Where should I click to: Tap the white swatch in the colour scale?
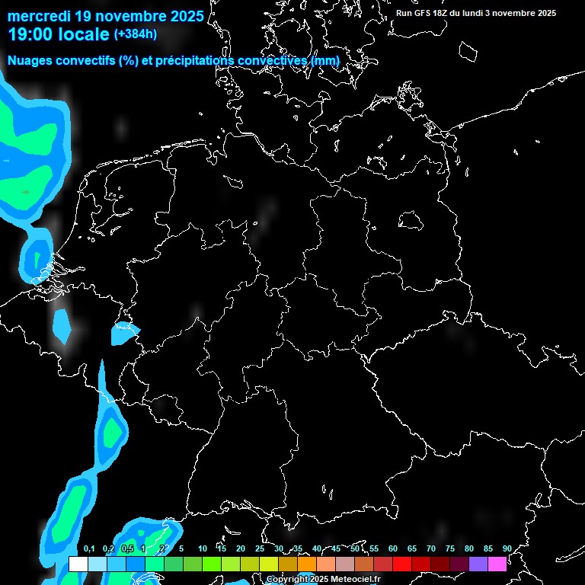click(x=78, y=564)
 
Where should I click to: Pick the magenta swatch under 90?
click(x=497, y=564)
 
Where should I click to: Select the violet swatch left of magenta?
click(x=478, y=564)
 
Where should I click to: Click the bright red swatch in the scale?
click(x=402, y=564)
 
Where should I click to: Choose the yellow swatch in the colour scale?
click(x=268, y=564)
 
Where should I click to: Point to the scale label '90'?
click(x=507, y=549)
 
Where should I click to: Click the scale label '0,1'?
click(x=89, y=549)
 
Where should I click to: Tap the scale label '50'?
click(x=355, y=549)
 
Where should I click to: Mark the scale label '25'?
click(x=260, y=549)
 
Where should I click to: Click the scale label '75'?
click(x=450, y=549)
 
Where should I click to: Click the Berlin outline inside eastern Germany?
click(x=411, y=220)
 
